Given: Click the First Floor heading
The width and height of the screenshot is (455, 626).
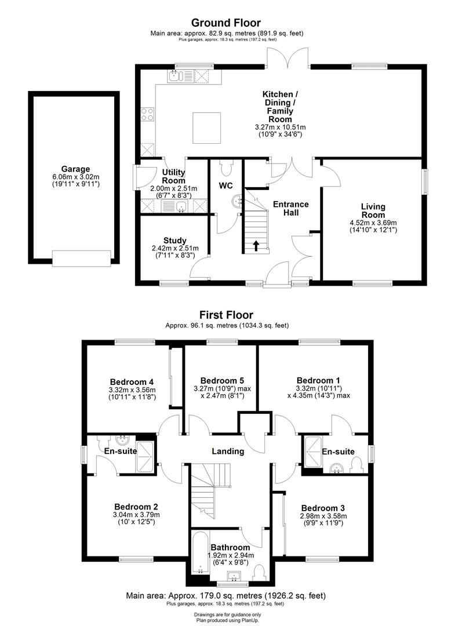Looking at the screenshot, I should [x=227, y=315].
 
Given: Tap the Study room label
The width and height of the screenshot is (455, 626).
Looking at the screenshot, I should [x=174, y=241].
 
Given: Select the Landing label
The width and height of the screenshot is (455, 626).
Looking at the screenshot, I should [x=228, y=452].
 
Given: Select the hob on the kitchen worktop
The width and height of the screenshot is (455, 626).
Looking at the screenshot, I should [x=147, y=114].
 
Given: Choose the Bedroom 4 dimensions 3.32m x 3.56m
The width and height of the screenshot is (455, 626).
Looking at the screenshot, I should [x=132, y=390].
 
